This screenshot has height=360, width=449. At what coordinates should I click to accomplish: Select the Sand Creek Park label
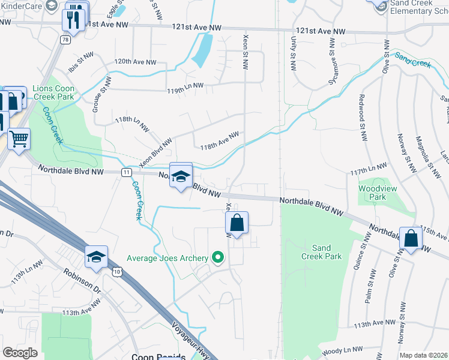pos(326,252)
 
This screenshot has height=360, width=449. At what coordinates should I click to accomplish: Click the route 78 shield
pos(64,39)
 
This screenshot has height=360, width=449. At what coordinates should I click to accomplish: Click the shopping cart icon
pos(19,140)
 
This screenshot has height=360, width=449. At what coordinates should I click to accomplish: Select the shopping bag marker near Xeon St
pos(237,223)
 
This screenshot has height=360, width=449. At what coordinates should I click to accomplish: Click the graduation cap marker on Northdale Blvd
pos(181,176)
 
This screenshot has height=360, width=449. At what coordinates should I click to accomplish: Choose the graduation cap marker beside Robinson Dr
pos(96,257)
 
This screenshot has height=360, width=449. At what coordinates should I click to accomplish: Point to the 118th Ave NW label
pos(220,142)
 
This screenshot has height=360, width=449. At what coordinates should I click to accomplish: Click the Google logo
pos(20,353)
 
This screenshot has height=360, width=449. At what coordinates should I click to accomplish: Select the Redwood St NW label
pos(362,117)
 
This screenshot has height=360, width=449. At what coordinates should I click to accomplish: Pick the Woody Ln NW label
pos(342,350)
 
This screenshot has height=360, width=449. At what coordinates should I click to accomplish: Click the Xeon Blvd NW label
pos(155,152)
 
